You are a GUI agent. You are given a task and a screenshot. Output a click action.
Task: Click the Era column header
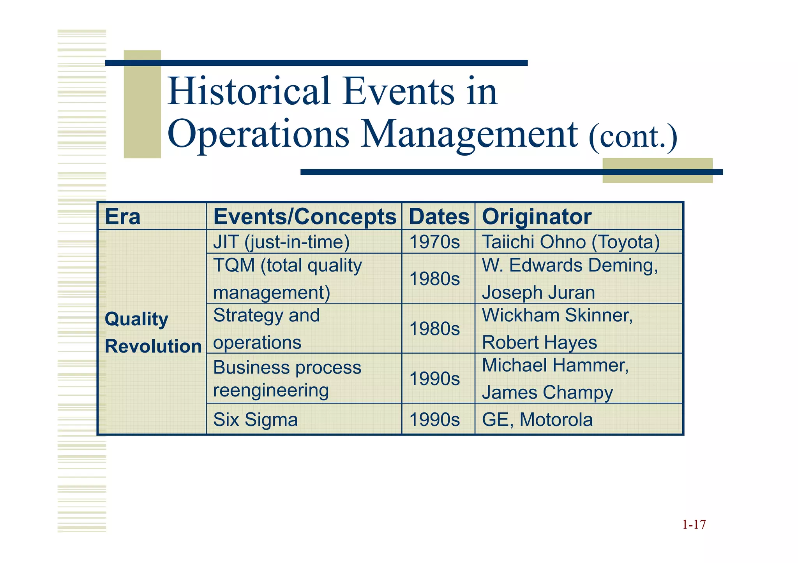pos(122,217)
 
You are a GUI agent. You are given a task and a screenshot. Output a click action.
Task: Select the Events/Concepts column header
pos(305,217)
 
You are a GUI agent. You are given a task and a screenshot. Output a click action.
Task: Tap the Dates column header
pos(439,217)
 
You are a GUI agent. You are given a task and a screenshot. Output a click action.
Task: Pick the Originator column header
pos(537,217)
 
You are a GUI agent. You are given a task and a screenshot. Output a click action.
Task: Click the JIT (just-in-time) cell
pos(281,242)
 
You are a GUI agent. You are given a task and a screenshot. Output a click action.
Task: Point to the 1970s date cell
pos(434,242)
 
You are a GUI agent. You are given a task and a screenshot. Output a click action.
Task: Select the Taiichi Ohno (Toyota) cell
pos(571,242)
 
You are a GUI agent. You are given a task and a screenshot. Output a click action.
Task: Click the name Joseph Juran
pos(538,293)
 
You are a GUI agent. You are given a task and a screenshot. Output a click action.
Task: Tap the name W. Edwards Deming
pos(570,266)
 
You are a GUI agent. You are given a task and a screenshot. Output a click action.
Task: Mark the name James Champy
pos(547,393)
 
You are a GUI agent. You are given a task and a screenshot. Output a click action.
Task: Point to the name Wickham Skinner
pos(557,316)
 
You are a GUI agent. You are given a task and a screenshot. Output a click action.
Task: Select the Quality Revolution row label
pos(153,333)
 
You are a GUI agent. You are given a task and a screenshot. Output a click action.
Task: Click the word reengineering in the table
pos(271,391)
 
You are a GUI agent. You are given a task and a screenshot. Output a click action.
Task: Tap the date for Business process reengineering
pos(434,379)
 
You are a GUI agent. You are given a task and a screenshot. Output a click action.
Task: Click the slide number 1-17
pos(694,525)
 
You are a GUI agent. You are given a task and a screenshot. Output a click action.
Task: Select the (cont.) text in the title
pos(633,137)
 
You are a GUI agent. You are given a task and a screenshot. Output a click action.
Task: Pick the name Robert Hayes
pos(539,343)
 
